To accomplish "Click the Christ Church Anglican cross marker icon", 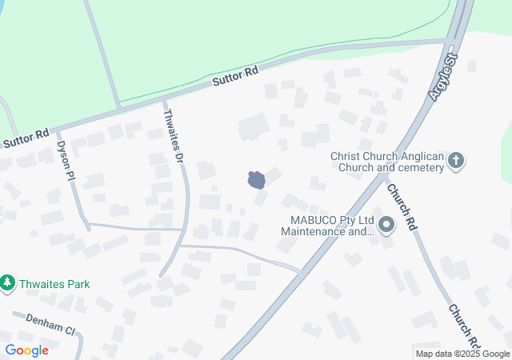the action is click(x=456, y=161).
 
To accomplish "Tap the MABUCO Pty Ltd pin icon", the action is click(x=387, y=226).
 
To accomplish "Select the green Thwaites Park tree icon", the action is click(x=8, y=283).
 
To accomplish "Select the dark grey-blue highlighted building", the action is click(x=257, y=180).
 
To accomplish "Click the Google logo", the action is click(x=26, y=350).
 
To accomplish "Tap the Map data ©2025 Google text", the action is click(x=462, y=354).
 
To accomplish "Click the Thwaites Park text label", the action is click(x=56, y=284).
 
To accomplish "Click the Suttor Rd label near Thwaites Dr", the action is click(x=235, y=77).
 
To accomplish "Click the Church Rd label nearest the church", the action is click(x=402, y=207).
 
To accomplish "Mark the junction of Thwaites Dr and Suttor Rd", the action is click(x=164, y=101).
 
